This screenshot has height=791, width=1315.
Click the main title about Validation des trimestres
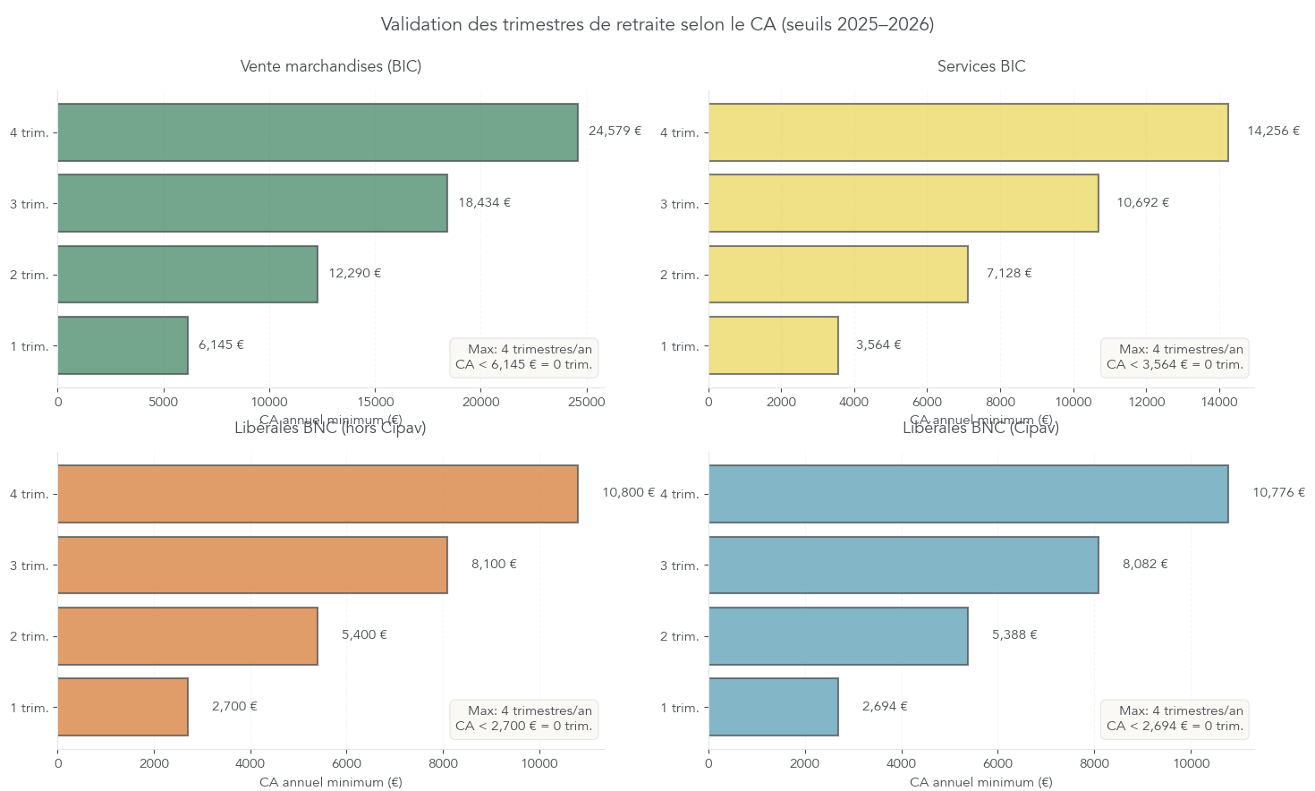(x=657, y=24)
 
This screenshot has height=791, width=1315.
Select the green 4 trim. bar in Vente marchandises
(x=318, y=132)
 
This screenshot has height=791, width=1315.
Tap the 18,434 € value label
(x=484, y=203)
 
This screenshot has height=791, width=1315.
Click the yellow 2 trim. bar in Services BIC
(x=838, y=274)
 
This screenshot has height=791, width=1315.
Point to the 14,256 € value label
(x=1273, y=132)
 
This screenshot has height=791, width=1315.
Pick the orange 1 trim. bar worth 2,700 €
(x=123, y=707)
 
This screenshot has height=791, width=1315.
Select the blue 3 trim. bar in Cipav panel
(x=904, y=565)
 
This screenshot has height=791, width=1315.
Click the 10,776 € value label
(x=1278, y=493)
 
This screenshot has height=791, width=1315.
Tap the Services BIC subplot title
(x=981, y=66)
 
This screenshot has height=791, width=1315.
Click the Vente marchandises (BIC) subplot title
(x=331, y=66)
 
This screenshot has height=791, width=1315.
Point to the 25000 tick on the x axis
(x=587, y=403)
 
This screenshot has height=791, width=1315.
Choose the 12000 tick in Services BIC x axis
(x=1147, y=403)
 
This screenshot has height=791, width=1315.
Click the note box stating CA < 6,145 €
(x=523, y=357)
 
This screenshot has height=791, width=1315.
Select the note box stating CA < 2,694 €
(x=1175, y=719)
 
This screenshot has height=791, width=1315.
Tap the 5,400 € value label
(x=364, y=635)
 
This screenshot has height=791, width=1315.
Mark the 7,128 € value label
(x=1009, y=274)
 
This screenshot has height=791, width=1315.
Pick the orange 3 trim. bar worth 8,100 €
(x=252, y=565)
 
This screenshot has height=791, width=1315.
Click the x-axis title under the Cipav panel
(x=981, y=782)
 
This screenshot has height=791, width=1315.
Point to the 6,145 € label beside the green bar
(x=221, y=345)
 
